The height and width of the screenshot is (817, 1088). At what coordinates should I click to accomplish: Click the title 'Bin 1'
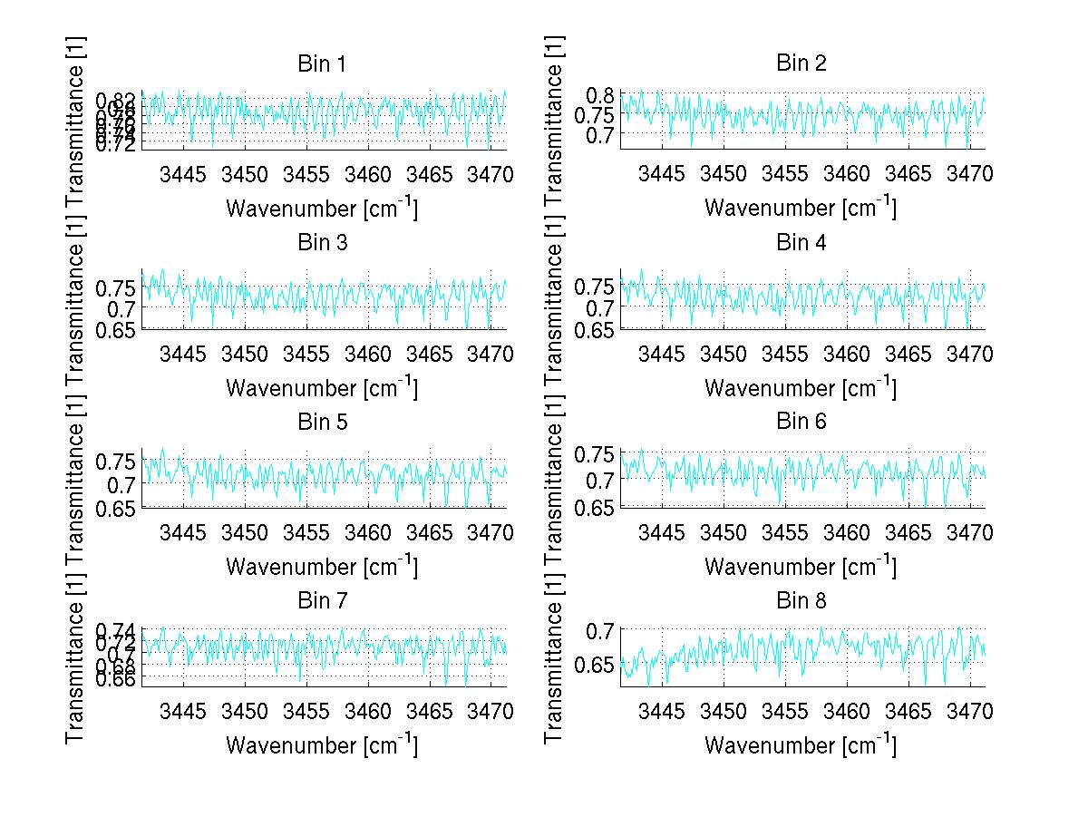[x=321, y=64]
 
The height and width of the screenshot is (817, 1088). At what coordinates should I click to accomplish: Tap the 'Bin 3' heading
[x=321, y=243]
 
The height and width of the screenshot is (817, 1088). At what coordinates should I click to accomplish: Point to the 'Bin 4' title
[x=801, y=243]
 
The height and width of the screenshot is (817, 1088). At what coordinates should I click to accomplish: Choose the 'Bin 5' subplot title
[x=321, y=423]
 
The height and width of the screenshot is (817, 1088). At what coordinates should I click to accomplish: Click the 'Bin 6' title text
[x=801, y=422]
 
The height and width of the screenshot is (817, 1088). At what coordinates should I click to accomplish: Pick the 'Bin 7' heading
[x=321, y=601]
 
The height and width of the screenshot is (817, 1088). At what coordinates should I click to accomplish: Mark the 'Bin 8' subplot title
[x=801, y=601]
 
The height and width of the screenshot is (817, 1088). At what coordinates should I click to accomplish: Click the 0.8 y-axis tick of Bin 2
[x=602, y=95]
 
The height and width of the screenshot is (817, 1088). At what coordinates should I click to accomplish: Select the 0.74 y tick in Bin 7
[x=115, y=629]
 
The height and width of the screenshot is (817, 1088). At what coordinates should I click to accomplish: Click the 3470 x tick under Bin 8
[x=970, y=710]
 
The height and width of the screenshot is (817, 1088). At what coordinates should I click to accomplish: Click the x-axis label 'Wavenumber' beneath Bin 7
[x=321, y=745]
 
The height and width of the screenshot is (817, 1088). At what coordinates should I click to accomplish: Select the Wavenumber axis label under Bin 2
[x=800, y=208]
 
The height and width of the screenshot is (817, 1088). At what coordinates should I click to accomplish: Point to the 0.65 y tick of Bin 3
[x=115, y=329]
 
